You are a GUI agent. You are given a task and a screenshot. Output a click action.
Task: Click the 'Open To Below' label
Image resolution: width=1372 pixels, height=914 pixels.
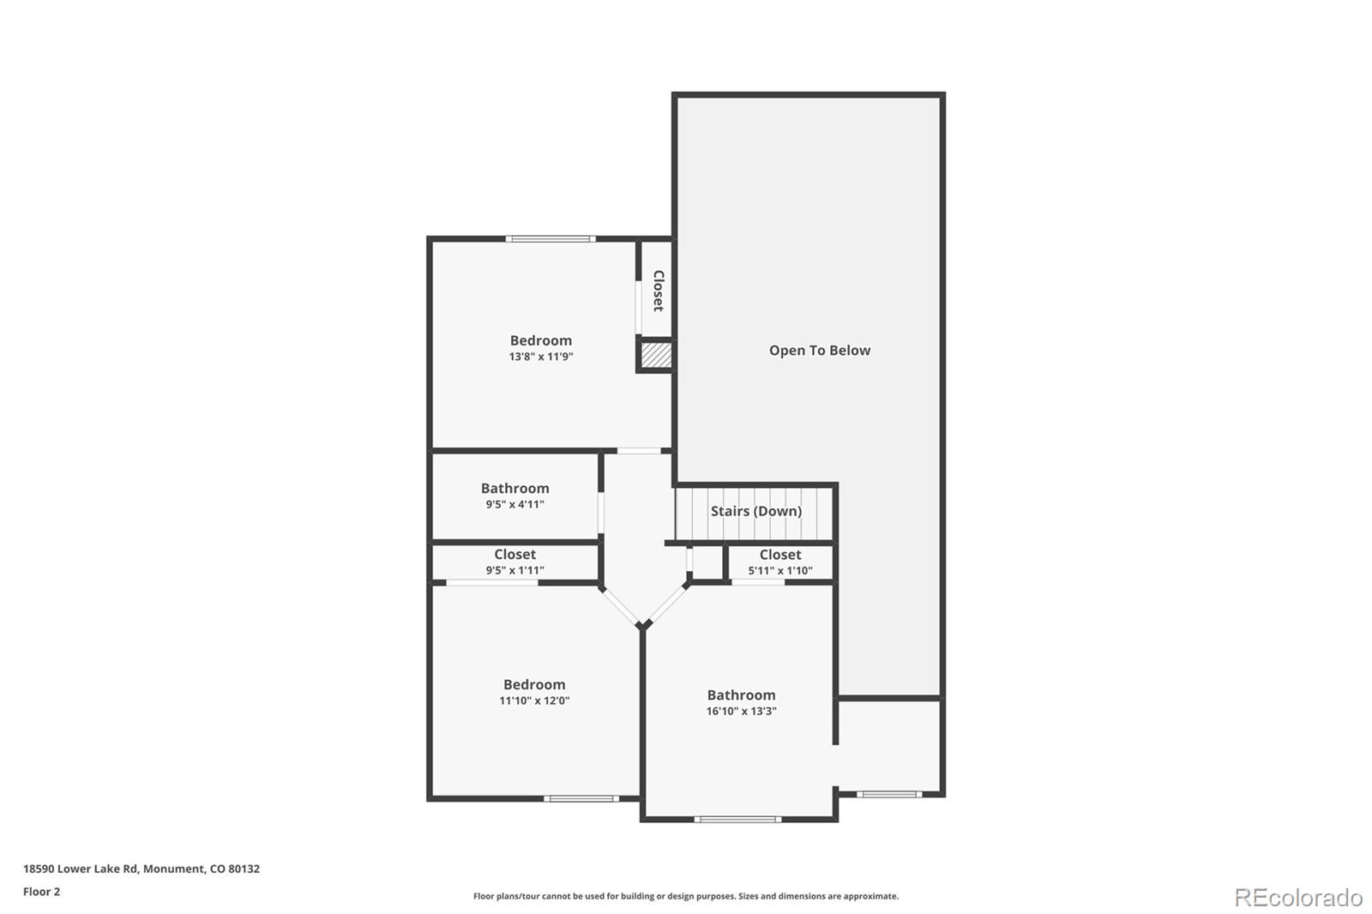(820, 351)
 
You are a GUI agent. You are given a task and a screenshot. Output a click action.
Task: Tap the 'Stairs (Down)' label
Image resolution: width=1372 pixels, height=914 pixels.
(755, 511)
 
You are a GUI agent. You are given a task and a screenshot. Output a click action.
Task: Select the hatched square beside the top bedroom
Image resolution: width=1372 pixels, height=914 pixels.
(656, 355)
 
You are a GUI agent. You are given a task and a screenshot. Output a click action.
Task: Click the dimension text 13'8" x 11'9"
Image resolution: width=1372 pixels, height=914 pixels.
(541, 357)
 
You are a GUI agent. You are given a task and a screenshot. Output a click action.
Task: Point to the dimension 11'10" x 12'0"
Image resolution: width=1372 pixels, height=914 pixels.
(534, 701)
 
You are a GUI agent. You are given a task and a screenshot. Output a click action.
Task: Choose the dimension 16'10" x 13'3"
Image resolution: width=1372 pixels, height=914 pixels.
(741, 711)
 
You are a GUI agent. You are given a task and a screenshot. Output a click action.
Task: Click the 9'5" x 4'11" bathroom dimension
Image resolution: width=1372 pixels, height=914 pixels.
(514, 504)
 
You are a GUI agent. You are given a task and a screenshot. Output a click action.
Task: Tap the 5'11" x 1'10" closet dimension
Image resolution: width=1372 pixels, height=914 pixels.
(779, 570)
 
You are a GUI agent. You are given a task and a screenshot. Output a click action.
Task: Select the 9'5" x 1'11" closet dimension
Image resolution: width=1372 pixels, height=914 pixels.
(514, 569)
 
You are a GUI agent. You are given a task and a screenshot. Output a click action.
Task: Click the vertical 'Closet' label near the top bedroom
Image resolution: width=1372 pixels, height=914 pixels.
(659, 291)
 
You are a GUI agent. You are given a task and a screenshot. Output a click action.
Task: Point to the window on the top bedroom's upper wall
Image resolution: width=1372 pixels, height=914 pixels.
(551, 239)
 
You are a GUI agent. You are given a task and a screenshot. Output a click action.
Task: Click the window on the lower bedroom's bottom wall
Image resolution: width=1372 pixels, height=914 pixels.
(581, 798)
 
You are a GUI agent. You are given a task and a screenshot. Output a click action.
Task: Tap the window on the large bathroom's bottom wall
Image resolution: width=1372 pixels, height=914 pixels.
(737, 819)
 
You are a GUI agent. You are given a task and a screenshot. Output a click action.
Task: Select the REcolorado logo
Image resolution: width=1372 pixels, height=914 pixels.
(1298, 898)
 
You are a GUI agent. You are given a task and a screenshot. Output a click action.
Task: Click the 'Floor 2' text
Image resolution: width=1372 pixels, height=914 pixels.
(42, 892)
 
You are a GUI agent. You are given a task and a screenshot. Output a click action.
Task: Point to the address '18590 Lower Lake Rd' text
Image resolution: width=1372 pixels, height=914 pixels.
(81, 869)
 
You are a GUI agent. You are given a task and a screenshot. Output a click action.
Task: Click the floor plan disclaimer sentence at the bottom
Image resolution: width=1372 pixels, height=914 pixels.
(685, 896)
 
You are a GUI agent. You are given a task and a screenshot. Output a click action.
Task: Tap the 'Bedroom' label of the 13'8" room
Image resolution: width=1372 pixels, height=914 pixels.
(541, 340)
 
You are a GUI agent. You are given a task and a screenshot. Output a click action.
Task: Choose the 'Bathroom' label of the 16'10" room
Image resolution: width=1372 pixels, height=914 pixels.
(741, 695)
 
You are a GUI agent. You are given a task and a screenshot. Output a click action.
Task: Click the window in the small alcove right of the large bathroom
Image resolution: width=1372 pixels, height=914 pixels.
(889, 795)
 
